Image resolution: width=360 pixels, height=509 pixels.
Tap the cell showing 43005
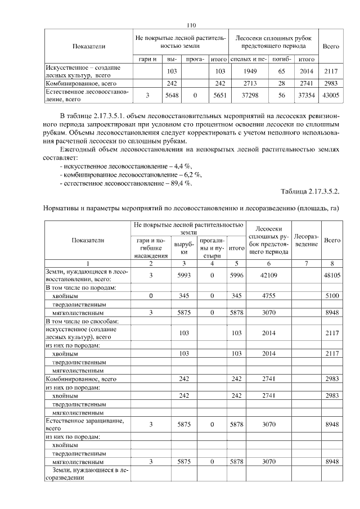(330, 96)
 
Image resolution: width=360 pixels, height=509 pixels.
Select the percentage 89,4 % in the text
(181, 183)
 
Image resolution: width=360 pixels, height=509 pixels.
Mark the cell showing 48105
(331, 276)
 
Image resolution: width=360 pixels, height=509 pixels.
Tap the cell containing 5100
(332, 295)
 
